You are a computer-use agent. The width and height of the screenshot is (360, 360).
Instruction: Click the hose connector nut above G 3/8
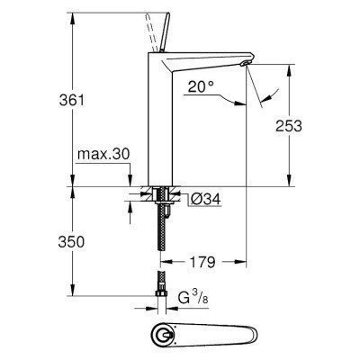[x=161, y=278]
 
